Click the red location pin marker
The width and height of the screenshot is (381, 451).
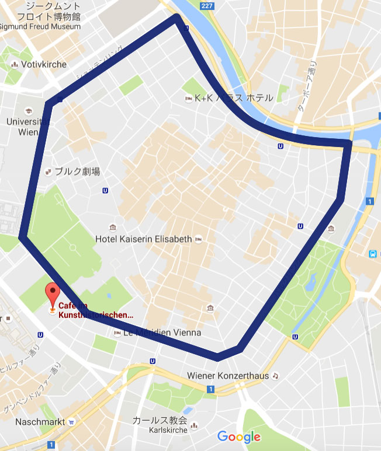pos(53,293)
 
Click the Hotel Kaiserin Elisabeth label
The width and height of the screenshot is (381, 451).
pos(144,239)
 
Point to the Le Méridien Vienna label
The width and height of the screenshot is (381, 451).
pos(162,333)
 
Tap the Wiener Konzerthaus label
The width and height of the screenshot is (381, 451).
pos(228,376)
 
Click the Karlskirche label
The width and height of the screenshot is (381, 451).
pos(160,430)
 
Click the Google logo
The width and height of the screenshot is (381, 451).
pos(238,436)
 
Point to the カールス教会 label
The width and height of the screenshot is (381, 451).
pos(160,421)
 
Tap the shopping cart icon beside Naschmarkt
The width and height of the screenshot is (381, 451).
pos(71,422)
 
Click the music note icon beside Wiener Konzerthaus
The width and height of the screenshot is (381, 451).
pos(276,376)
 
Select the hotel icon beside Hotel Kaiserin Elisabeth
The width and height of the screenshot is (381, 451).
pos(198,239)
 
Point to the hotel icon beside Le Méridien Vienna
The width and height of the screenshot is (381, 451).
pos(117,333)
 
